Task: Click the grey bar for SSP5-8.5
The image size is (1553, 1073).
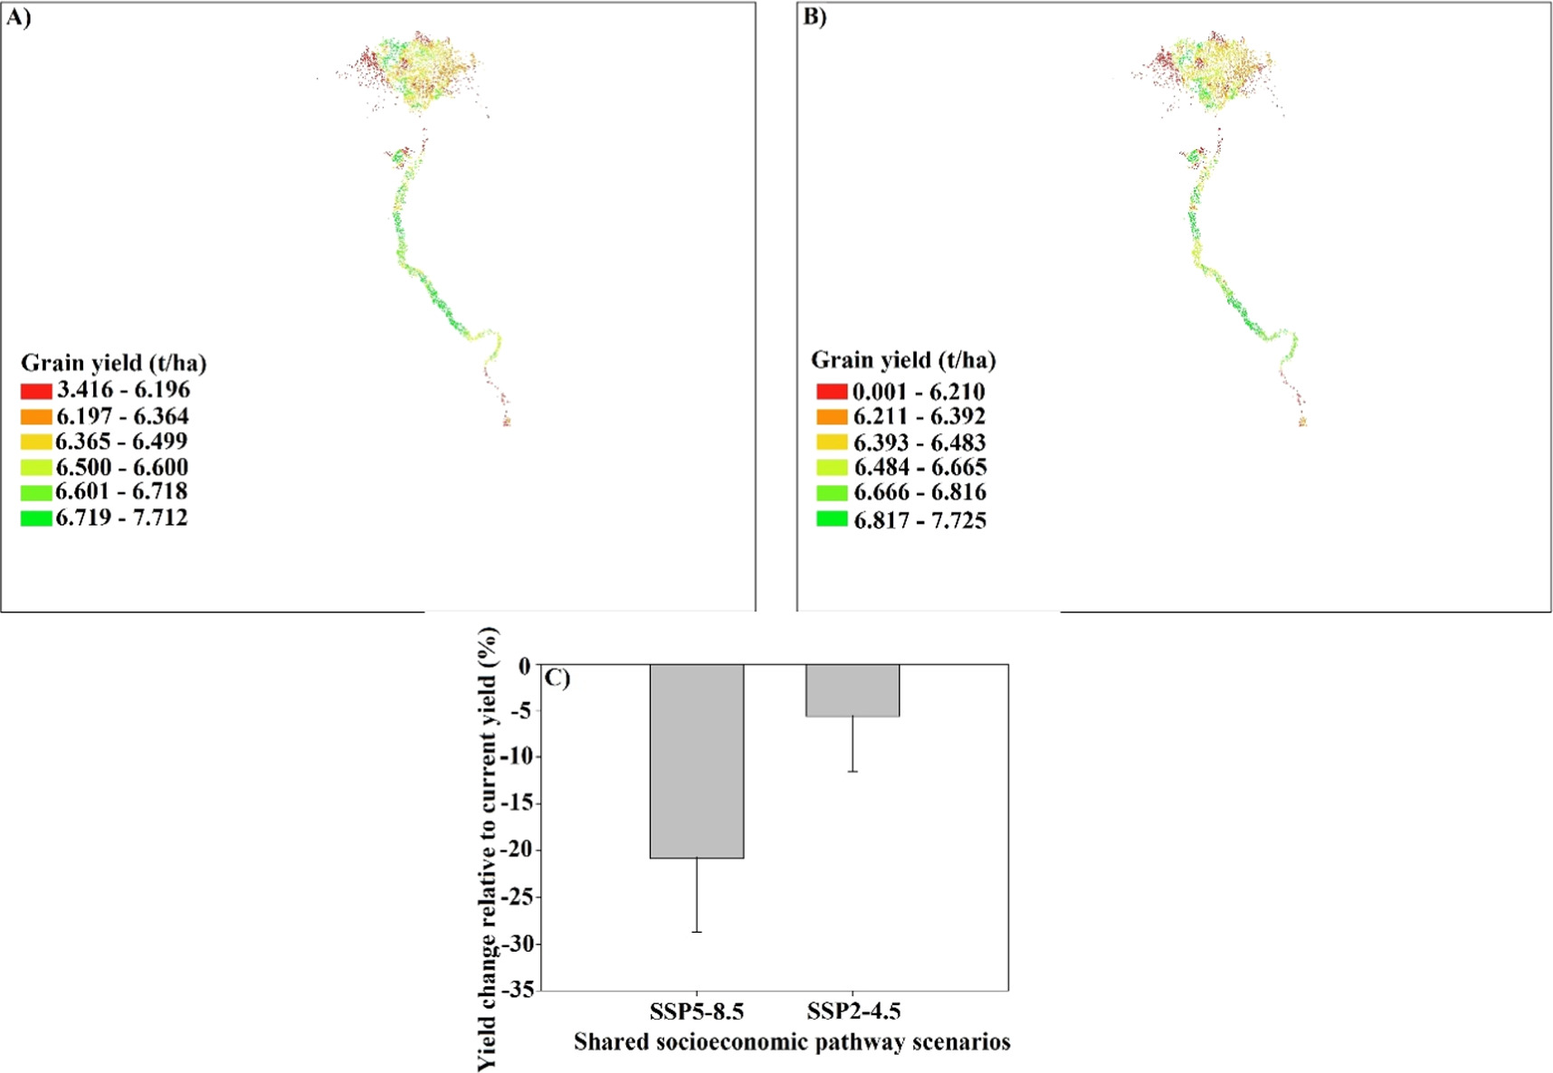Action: coord(697,761)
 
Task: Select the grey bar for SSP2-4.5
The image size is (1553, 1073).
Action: coord(853,690)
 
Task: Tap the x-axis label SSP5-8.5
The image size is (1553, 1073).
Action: coord(697,1011)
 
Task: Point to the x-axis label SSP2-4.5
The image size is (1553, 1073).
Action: coord(853,1011)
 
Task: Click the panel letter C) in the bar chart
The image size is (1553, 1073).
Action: coord(557,678)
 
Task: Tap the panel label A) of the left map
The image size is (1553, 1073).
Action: coord(18,18)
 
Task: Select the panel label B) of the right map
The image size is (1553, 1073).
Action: coord(815,18)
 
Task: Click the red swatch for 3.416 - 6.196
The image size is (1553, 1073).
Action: coord(36,391)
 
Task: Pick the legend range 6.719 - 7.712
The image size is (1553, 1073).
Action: coord(122,518)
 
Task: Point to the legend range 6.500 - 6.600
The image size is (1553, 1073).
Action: coord(122,467)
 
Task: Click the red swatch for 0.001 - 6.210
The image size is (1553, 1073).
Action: coord(832,392)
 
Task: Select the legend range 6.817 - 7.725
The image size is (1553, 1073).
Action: coord(919,520)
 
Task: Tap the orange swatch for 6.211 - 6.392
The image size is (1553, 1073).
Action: coord(832,417)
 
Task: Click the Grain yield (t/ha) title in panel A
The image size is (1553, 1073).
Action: coord(114,363)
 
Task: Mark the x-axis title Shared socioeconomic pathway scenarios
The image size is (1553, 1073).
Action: coord(792,1042)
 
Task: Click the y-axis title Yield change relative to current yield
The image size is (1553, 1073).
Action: coord(488,849)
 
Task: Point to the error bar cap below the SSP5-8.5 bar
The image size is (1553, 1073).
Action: coord(697,932)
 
